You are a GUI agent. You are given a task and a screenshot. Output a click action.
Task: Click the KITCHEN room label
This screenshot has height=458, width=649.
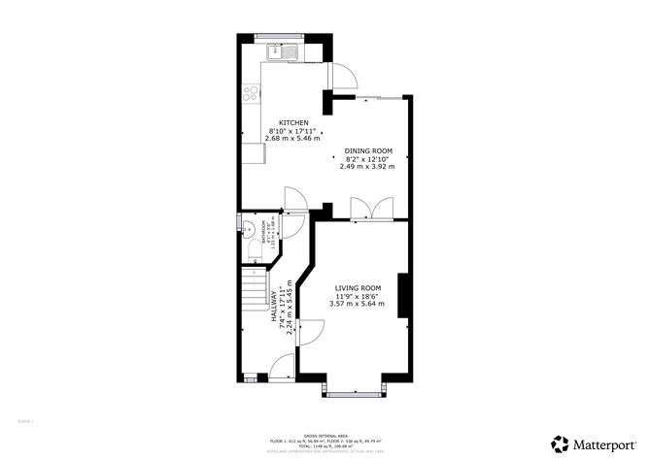click(x=294, y=123)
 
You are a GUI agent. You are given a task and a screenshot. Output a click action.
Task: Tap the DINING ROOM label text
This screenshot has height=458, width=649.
click(x=367, y=151)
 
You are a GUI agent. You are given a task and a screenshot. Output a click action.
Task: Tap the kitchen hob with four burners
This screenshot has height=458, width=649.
click(x=251, y=94)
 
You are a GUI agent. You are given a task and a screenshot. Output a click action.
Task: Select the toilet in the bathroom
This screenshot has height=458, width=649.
click(x=254, y=252)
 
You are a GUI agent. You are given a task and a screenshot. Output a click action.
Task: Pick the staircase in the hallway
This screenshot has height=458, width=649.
click(x=255, y=291)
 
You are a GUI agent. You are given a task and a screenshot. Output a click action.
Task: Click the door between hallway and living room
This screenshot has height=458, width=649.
click(x=312, y=332)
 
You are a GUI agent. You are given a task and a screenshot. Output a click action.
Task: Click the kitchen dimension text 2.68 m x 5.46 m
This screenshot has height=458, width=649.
click(x=294, y=139)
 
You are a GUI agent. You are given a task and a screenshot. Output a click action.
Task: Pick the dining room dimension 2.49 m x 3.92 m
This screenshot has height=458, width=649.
click(x=367, y=167)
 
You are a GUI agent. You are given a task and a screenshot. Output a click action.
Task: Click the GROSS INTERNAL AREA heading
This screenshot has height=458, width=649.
click(x=324, y=436)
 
